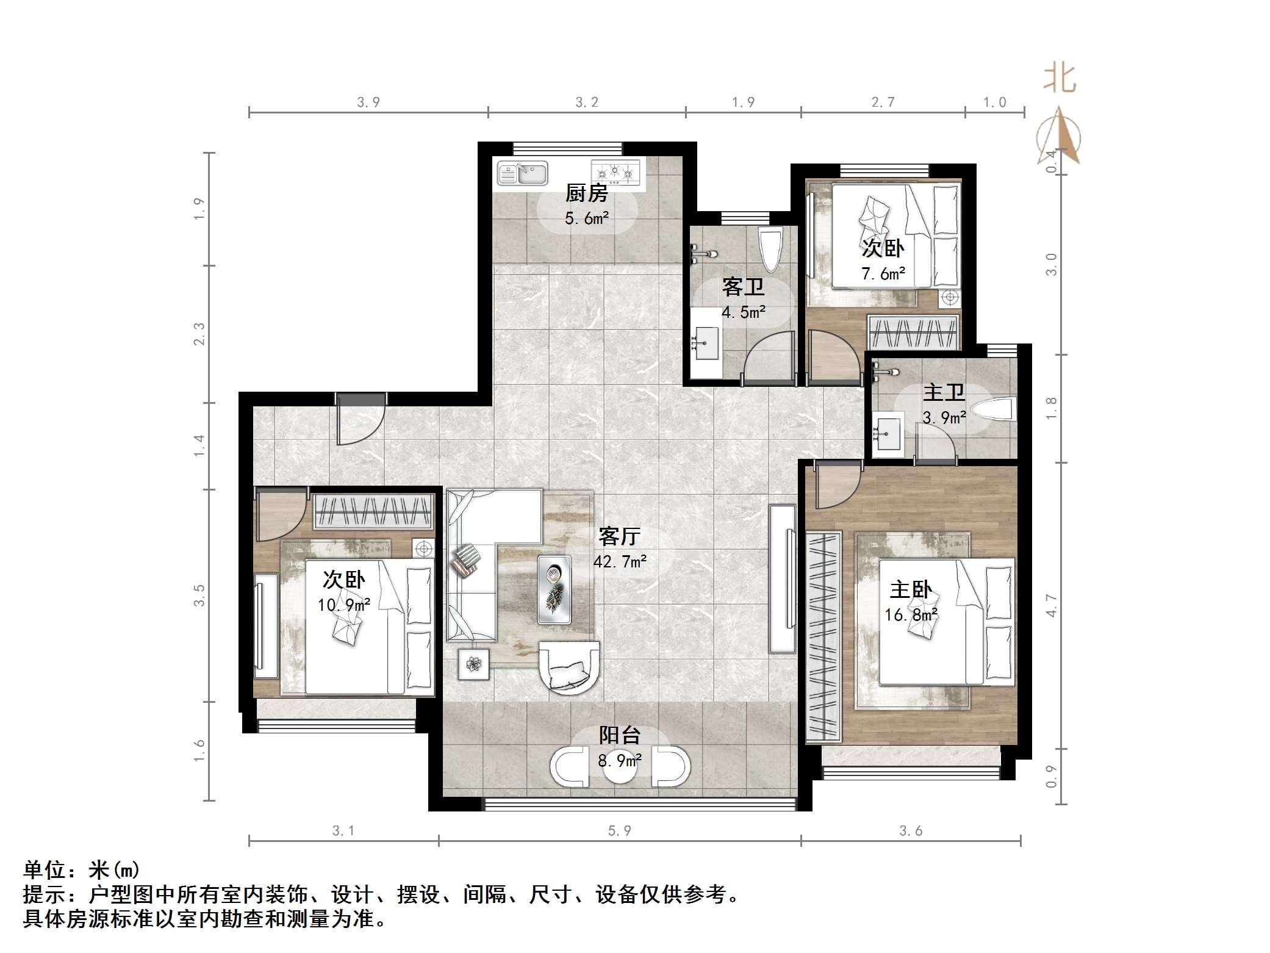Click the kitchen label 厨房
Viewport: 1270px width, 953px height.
[x=586, y=193]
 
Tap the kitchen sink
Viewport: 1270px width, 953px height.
[x=523, y=173]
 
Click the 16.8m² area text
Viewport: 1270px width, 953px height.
[x=911, y=615]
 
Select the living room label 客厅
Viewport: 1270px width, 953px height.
[x=619, y=536]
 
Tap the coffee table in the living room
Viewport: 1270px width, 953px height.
[x=554, y=589]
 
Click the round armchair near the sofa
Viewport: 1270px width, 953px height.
[x=569, y=666]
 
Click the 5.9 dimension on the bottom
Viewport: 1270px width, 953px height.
[x=619, y=830]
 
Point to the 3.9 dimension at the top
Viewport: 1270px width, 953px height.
[x=368, y=102]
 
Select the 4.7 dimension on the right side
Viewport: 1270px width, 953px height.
[x=1051, y=605]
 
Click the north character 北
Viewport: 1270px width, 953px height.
[x=1059, y=79]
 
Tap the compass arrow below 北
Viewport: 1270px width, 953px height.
[x=1059, y=137]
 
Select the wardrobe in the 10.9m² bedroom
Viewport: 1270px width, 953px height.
[x=373, y=511]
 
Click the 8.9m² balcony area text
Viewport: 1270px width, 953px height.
[x=619, y=761]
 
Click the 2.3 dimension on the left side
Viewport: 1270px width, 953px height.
[x=199, y=334]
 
